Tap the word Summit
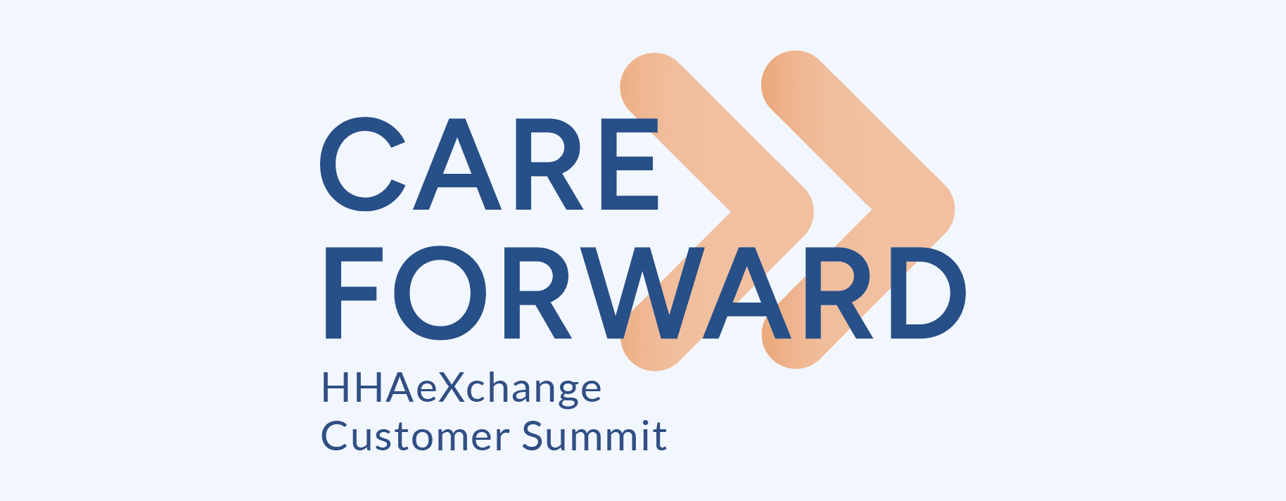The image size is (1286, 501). click(x=594, y=436)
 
